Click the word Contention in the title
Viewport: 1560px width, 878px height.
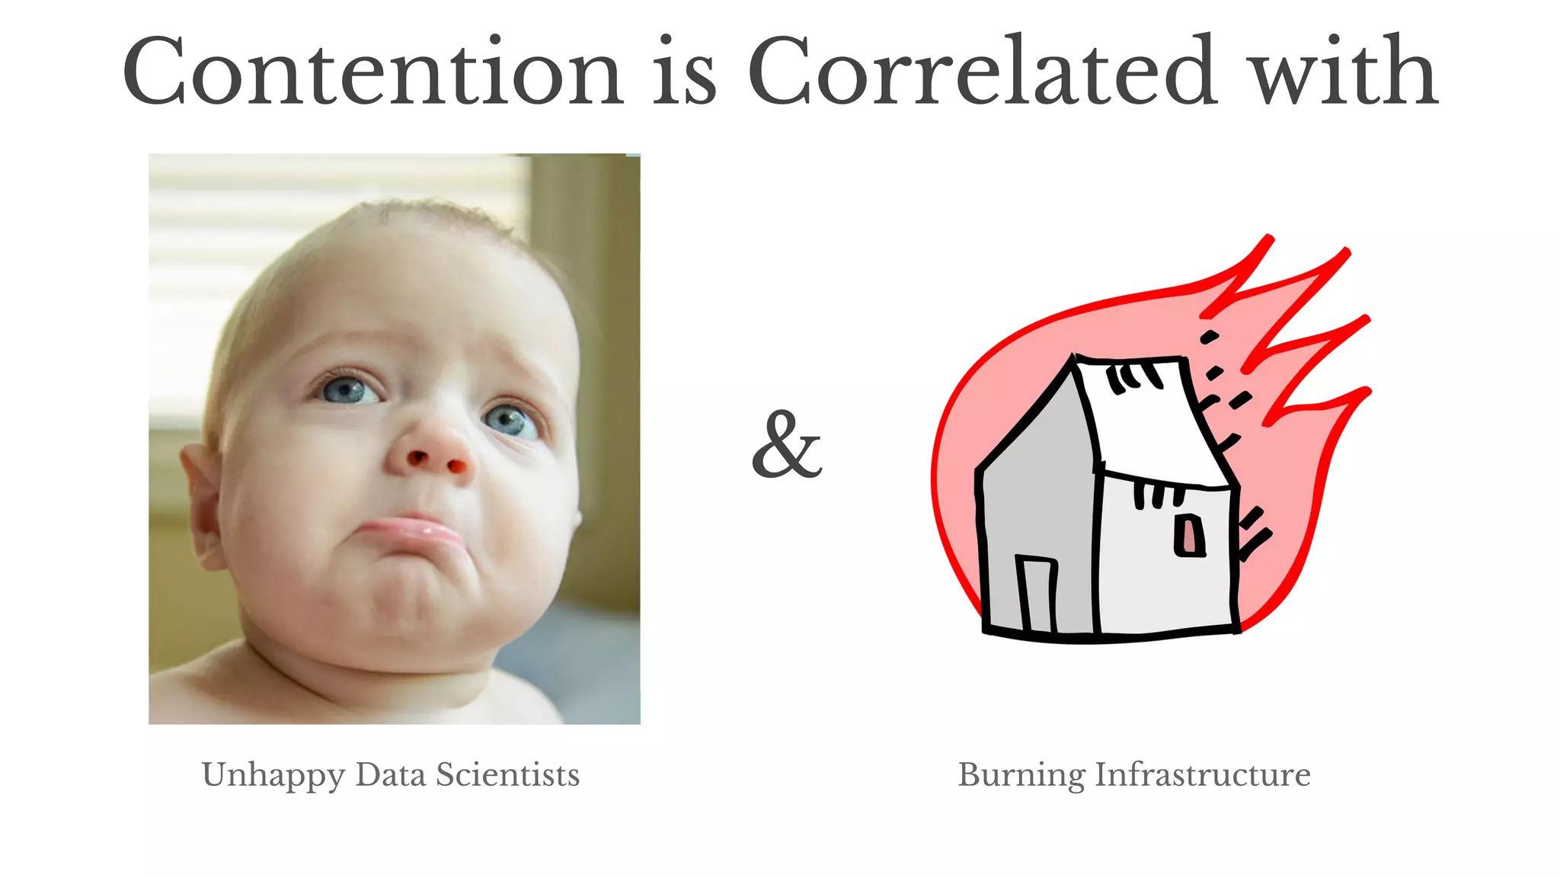[373, 72]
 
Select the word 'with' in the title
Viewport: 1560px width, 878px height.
[1345, 72]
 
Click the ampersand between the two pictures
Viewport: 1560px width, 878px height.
[787, 446]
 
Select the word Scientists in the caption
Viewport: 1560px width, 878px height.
[507, 775]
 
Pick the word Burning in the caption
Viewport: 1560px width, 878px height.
[1021, 775]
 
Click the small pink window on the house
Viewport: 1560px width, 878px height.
[1189, 535]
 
